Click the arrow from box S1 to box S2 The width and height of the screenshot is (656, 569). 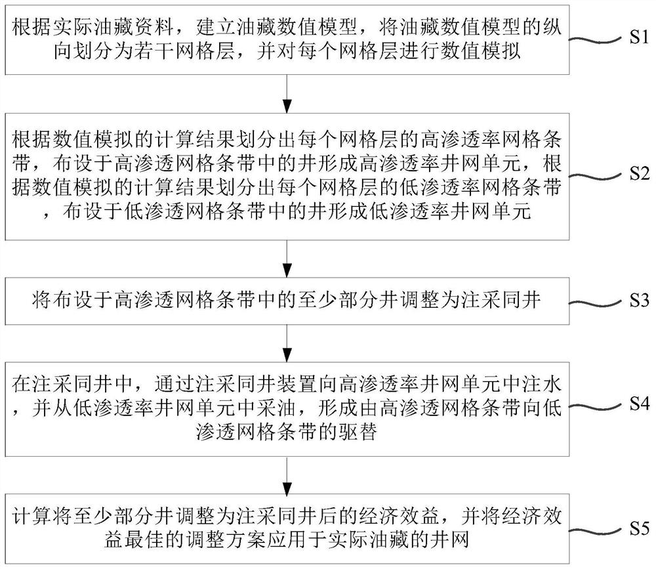286,95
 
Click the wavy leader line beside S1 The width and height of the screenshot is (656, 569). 594,40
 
